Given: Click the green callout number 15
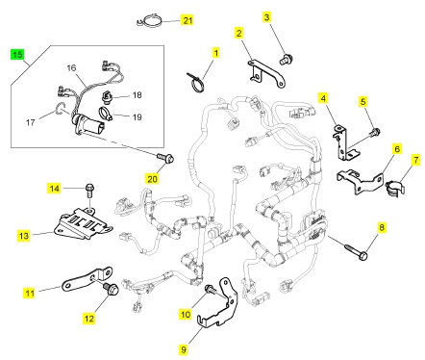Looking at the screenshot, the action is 17,54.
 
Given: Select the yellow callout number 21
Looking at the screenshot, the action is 187,20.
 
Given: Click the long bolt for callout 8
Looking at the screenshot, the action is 357,252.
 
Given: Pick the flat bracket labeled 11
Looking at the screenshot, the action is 87,278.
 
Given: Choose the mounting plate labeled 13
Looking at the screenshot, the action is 82,222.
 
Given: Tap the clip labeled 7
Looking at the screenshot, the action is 394,189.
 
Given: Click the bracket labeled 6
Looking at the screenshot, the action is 361,180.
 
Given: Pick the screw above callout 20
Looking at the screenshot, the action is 165,158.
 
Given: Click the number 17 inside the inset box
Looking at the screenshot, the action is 30,122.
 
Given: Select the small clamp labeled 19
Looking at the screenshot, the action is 105,113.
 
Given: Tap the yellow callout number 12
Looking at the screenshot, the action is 88,319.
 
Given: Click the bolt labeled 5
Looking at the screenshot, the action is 375,131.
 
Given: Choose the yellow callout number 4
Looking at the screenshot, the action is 323,98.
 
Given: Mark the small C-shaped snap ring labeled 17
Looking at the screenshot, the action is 59,108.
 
